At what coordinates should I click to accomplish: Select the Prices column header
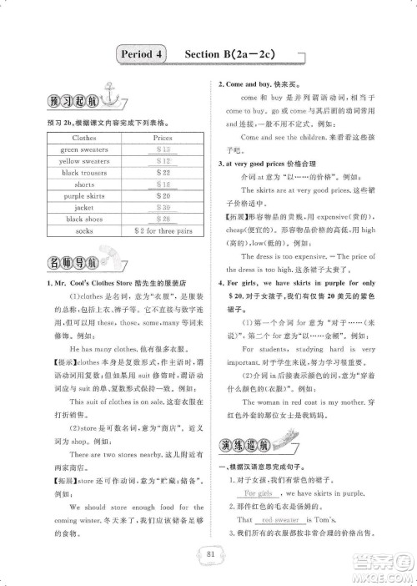pos(163,137)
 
